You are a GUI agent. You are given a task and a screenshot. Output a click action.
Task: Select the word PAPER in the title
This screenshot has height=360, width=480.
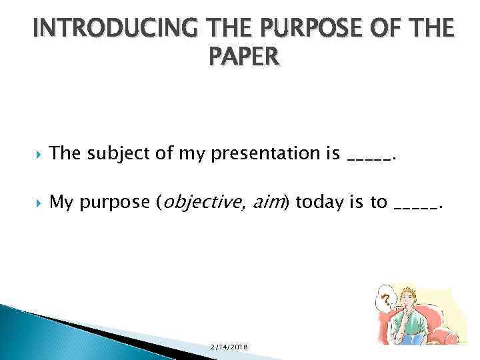[244, 58]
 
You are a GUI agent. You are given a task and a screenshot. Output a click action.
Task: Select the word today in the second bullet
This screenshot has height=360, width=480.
[317, 202]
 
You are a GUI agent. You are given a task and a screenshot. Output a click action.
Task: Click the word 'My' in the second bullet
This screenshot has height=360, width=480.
[61, 202]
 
